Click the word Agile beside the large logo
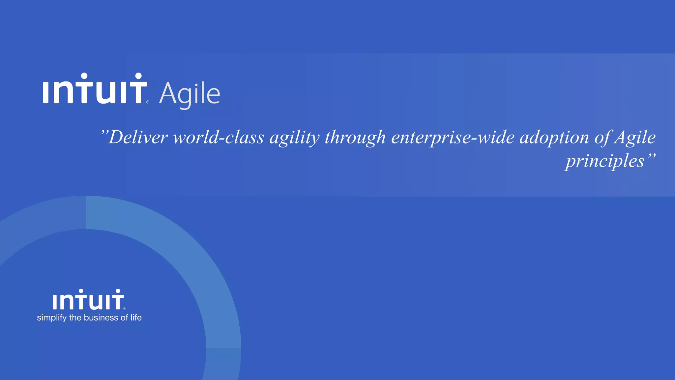click(190, 94)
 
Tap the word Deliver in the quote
click(138, 137)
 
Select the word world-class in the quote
click(219, 137)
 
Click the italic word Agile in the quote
click(635, 137)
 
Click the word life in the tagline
click(136, 318)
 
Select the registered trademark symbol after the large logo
click(148, 102)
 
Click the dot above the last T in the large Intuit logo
click(138, 76)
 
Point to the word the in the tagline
click(75, 318)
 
